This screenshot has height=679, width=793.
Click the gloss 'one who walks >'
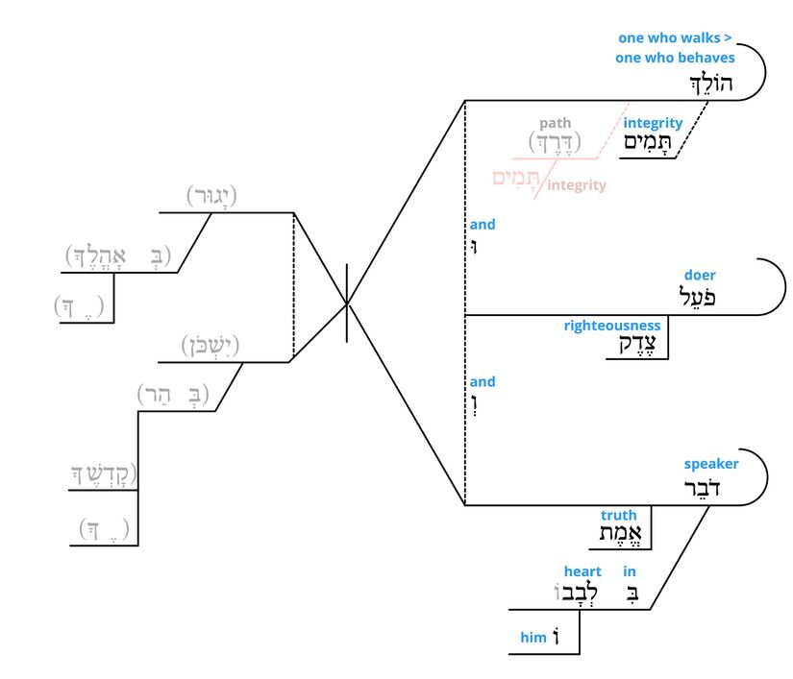click(x=675, y=38)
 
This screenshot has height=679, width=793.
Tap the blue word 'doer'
click(x=700, y=276)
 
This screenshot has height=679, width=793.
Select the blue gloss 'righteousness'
click(x=612, y=326)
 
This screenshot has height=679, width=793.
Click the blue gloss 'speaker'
click(x=711, y=464)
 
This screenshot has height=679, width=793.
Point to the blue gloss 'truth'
click(x=619, y=516)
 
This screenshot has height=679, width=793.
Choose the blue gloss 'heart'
click(x=582, y=571)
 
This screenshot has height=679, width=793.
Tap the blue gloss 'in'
click(x=630, y=571)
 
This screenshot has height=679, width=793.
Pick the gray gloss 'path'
click(x=555, y=123)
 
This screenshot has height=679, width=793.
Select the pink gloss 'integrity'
click(x=577, y=185)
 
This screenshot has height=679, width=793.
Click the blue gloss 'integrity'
click(x=653, y=123)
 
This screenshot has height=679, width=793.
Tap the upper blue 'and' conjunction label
click(x=483, y=225)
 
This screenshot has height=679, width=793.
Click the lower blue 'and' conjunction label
click(x=483, y=381)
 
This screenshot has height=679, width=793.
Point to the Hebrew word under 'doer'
click(x=698, y=297)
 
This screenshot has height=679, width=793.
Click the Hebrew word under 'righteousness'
click(x=629, y=346)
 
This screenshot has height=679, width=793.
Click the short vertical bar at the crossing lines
click(x=347, y=304)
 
